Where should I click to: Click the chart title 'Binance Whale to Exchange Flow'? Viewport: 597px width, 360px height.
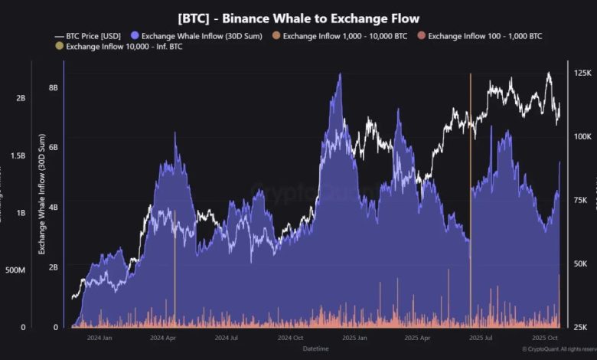(298, 18)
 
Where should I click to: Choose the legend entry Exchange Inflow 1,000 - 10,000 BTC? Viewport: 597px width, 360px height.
(344, 35)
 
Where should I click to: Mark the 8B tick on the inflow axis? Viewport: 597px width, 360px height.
(54, 87)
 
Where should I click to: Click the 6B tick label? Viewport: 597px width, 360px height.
(54, 147)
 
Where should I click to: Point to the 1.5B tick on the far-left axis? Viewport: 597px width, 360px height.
(17, 155)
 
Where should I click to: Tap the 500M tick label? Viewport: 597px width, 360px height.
(16, 270)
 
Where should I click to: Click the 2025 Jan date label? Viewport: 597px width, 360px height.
(353, 337)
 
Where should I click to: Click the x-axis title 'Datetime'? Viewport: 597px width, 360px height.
(316, 349)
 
